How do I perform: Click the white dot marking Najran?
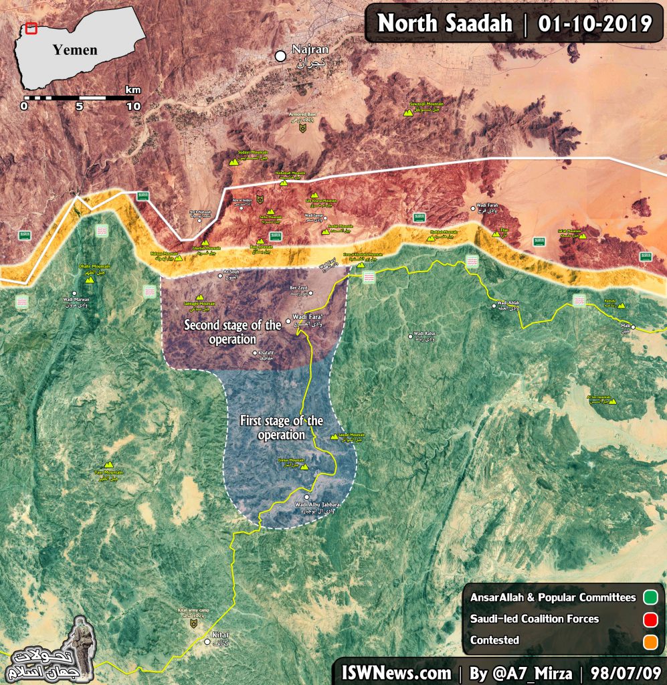click(281, 57)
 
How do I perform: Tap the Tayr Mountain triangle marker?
click(108, 465)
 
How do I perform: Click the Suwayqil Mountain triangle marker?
click(407, 114)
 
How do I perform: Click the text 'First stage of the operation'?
click(281, 427)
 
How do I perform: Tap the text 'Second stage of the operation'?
click(233, 332)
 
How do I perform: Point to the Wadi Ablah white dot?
click(494, 306)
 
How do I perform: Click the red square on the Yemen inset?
click(31, 29)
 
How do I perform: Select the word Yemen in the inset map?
click(75, 50)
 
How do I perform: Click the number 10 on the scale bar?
click(133, 106)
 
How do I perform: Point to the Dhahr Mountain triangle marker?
click(90, 280)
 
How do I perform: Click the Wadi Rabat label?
click(424, 336)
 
